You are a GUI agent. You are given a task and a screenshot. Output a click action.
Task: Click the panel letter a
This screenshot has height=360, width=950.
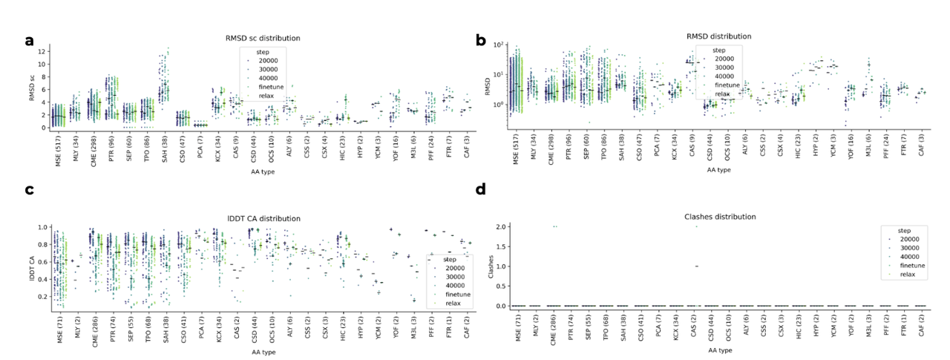(29, 41)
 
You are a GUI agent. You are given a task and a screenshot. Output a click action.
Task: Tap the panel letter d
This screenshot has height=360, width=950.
(480, 189)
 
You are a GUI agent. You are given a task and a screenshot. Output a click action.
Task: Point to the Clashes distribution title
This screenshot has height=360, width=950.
(719, 217)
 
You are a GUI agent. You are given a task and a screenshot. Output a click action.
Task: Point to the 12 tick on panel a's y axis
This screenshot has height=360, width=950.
(45, 51)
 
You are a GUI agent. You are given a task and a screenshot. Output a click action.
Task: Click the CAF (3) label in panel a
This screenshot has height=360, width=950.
(468, 145)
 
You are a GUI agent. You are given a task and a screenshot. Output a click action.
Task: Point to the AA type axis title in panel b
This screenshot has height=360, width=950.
(719, 170)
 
